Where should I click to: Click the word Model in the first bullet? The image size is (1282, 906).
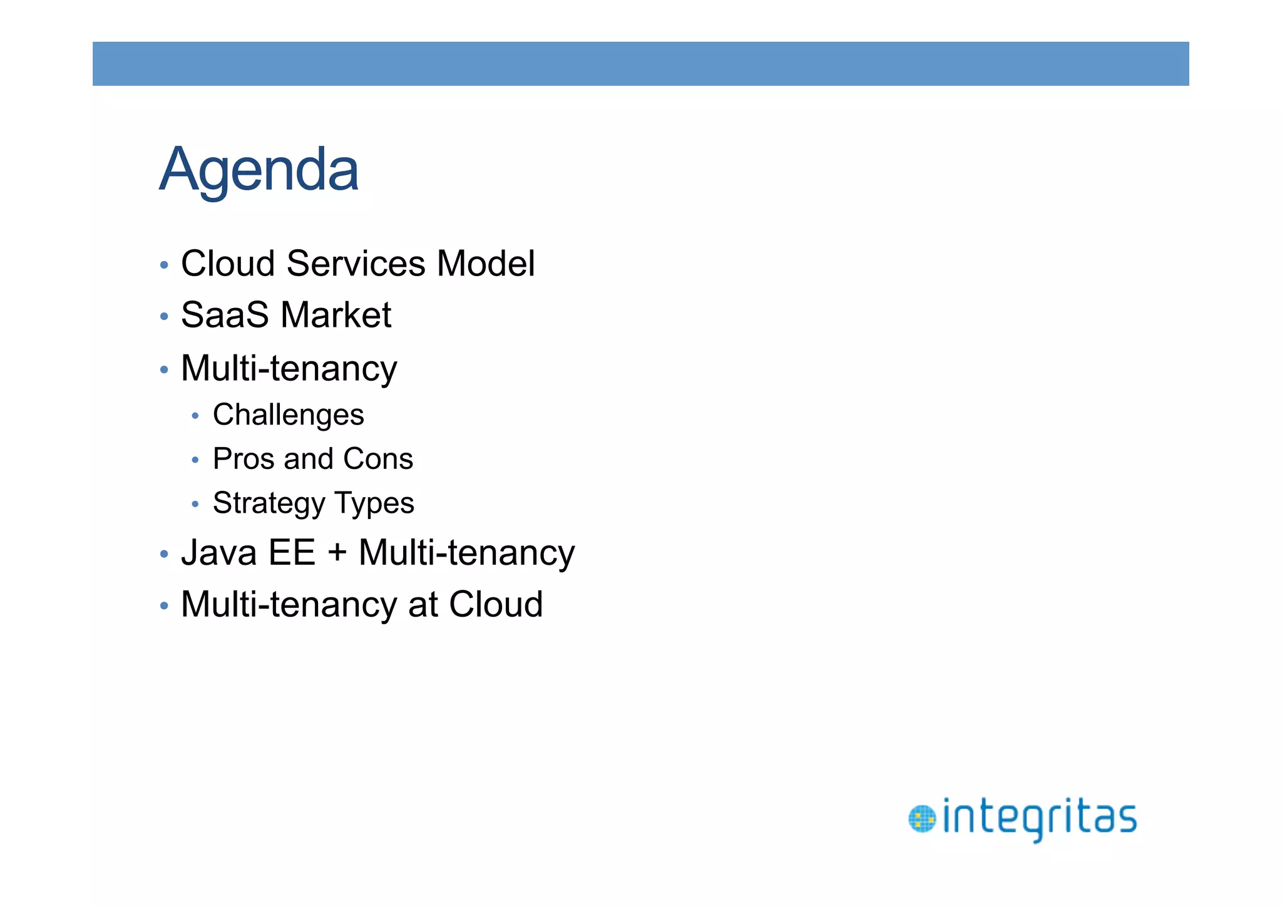486,264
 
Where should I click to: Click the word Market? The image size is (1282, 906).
336,315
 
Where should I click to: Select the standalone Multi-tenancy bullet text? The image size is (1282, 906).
289,368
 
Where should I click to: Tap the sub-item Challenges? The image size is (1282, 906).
288,415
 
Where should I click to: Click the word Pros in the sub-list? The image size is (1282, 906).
244,459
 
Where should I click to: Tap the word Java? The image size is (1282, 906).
218,553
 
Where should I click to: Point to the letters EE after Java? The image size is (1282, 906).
292,553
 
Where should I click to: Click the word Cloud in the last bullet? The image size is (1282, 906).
496,604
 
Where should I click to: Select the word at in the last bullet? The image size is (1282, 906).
423,605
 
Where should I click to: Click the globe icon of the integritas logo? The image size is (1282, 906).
921,820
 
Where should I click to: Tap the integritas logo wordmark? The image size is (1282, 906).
1039,819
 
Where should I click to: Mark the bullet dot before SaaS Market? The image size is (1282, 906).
164,317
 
